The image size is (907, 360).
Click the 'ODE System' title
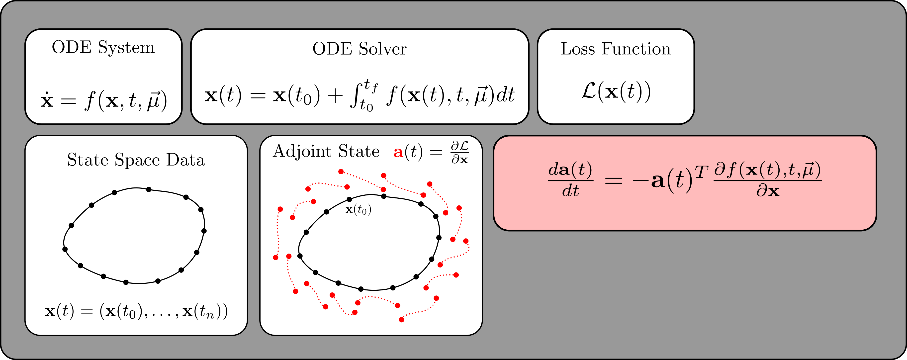(x=103, y=48)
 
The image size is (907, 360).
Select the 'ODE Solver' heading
(x=359, y=49)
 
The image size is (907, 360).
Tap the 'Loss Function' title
(x=616, y=49)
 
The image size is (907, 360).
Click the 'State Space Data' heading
(x=136, y=160)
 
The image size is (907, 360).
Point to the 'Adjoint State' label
(x=326, y=152)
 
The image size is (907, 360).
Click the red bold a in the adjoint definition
(x=398, y=152)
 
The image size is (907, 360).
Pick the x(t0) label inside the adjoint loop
(x=358, y=210)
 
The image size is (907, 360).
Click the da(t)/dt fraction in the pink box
(x=570, y=180)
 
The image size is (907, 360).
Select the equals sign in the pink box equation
(x=613, y=181)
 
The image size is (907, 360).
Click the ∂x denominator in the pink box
(x=768, y=191)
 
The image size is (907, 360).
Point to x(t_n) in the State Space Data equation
(x=202, y=311)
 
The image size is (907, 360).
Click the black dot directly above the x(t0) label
(x=349, y=199)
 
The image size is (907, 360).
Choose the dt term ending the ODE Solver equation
(x=506, y=95)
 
